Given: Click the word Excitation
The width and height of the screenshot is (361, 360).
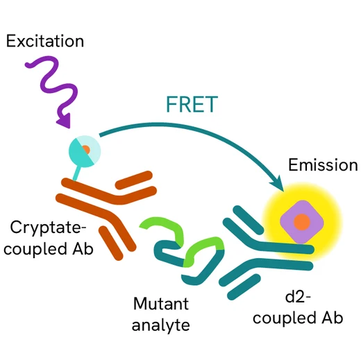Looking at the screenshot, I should tap(45, 41).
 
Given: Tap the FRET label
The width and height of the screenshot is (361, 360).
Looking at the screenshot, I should tap(192, 104).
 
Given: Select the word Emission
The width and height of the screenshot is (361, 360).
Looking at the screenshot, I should tap(323, 165).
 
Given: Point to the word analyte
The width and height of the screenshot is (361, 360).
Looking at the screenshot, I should tap(161, 323).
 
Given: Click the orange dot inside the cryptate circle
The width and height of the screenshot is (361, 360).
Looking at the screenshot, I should tap(85, 149).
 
